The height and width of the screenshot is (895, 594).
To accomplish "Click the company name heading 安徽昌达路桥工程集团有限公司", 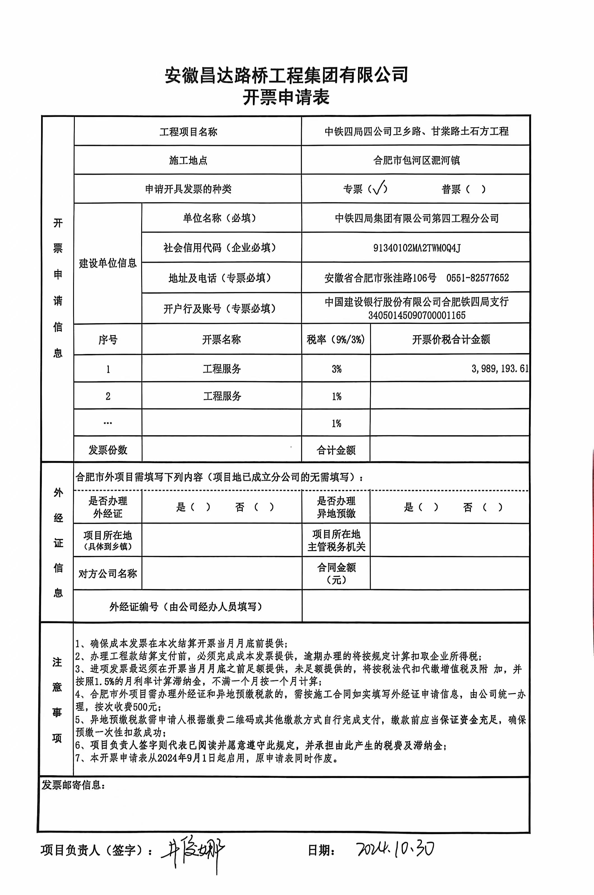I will pos(286,75).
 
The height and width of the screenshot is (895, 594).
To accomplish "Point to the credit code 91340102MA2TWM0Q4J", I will pos(417,248).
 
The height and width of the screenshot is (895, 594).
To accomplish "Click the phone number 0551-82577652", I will pos(477,278).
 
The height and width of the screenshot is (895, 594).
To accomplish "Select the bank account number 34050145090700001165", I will pos(417,315).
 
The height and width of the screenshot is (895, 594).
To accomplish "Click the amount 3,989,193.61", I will pos(500,369).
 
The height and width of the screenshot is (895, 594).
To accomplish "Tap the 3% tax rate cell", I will pos(337,369).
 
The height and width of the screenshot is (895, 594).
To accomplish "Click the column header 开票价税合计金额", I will pos(451,339).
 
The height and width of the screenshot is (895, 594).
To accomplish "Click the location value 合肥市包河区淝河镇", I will pos(416,160).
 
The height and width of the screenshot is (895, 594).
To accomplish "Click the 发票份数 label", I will pos(108,450).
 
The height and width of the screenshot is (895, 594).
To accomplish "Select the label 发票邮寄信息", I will pos(72,785).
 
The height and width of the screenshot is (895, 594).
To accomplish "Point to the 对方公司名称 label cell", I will pos(108,573).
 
